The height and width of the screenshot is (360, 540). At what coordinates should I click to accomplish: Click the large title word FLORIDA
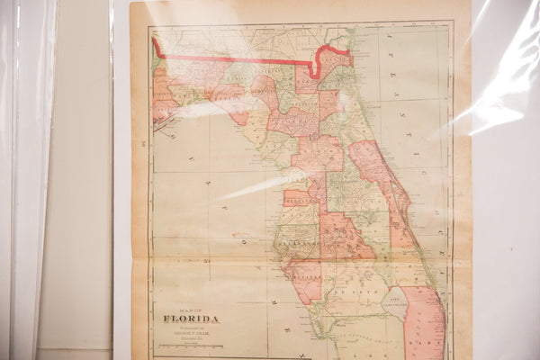[190, 318]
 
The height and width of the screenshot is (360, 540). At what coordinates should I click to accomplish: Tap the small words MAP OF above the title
[190, 308]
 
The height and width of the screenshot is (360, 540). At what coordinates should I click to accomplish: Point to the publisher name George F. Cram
[192, 329]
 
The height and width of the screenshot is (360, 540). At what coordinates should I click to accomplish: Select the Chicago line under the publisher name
[191, 336]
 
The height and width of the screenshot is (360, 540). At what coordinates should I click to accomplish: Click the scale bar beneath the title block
[191, 346]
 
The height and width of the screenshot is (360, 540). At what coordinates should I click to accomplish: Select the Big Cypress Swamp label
[378, 346]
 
